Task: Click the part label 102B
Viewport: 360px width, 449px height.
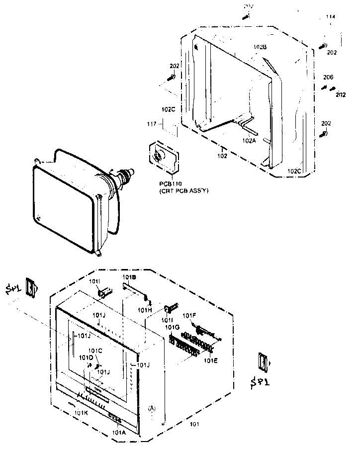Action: tap(260, 47)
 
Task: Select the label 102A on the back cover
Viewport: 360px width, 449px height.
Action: tap(250, 141)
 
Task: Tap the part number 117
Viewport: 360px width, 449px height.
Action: tap(152, 123)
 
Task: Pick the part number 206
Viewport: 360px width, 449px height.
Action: tap(328, 77)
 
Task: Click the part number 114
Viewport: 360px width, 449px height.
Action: tap(330, 17)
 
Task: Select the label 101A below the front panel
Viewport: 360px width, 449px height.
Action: tap(119, 432)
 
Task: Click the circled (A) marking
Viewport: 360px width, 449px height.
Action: tap(152, 408)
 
